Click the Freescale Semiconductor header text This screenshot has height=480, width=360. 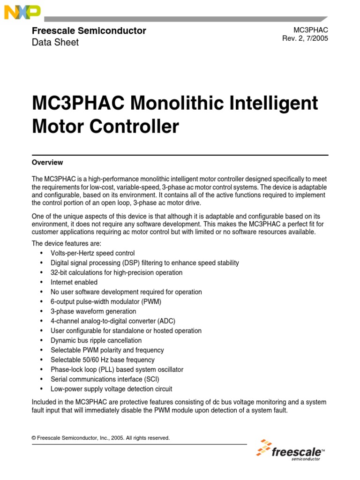(89, 31)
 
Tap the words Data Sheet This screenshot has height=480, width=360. (55, 42)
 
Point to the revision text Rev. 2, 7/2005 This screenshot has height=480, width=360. (305, 38)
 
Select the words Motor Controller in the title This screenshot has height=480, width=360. (105, 127)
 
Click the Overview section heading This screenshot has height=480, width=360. (47, 163)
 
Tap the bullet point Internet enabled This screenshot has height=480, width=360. (74, 282)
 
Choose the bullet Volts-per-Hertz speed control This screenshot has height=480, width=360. (92, 253)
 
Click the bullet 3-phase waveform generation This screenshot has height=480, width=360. (93, 311)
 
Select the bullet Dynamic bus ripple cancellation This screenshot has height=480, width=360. (96, 340)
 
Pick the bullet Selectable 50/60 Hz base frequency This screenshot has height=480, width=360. (102, 360)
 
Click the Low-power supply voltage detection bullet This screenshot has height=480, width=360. (111, 389)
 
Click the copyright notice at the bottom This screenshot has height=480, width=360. (100, 438)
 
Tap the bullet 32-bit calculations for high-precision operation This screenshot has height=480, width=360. (116, 272)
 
